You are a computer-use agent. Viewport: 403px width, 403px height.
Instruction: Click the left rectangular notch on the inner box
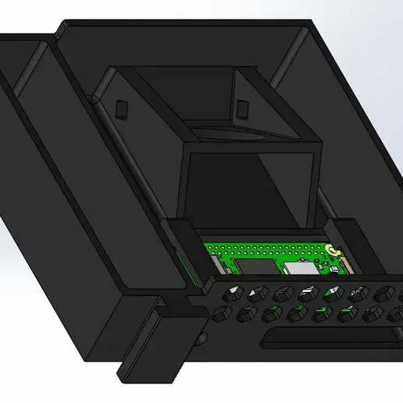(x=120, y=107)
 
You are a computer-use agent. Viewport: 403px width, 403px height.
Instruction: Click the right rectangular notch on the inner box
(x=243, y=107)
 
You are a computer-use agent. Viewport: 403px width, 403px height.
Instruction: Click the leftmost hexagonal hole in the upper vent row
(x=232, y=295)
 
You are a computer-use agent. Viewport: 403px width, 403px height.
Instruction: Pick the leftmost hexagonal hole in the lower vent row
(x=222, y=316)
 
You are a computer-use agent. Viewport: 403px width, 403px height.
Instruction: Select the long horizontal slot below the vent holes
(x=328, y=337)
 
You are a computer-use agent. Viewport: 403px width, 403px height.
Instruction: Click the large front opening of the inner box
(x=250, y=187)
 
